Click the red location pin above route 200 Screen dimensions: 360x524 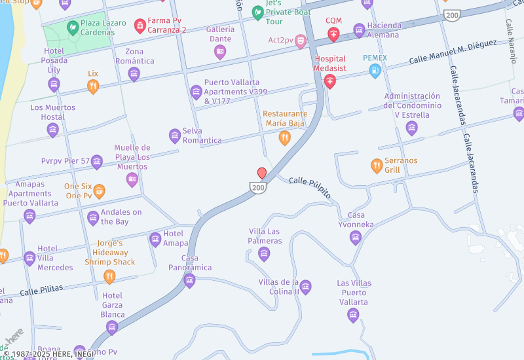pyautogui.click(x=262, y=173)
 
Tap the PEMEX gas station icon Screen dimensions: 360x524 pyautogui.click(x=375, y=71)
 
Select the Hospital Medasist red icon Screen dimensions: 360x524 pyautogui.click(x=330, y=81)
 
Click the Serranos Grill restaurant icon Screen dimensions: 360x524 pyautogui.click(x=376, y=166)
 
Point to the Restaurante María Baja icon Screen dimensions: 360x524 pyautogui.click(x=284, y=137)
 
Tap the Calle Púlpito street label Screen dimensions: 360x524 pyautogui.click(x=310, y=187)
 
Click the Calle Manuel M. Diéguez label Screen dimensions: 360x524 pyautogui.click(x=453, y=52)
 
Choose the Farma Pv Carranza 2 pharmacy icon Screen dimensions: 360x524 pyautogui.click(x=140, y=26)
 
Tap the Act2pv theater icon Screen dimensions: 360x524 pyautogui.click(x=301, y=41)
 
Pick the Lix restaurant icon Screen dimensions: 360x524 pyautogui.click(x=93, y=86)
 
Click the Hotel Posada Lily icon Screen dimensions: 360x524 pyautogui.click(x=54, y=84)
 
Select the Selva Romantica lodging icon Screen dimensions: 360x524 pyautogui.click(x=175, y=135)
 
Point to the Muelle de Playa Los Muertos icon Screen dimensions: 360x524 pyautogui.click(x=132, y=179)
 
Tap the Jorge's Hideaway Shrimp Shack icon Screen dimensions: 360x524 pyautogui.click(x=109, y=276)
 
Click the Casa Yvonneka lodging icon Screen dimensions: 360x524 pyautogui.click(x=356, y=237)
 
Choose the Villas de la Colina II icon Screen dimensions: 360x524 pyautogui.click(x=305, y=287)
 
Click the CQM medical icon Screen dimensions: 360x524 pyautogui.click(x=333, y=35)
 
